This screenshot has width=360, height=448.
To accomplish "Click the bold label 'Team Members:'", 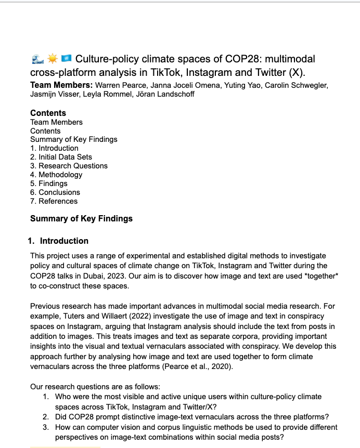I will [x=61, y=85].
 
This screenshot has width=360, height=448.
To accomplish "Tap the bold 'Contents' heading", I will [x=48, y=113].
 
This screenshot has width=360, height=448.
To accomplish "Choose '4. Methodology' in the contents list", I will [x=56, y=175].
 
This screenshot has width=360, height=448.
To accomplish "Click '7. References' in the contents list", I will [x=54, y=201].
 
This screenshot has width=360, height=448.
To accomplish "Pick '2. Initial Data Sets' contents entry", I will [x=61, y=157].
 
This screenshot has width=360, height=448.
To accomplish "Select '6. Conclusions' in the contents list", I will [x=55, y=192].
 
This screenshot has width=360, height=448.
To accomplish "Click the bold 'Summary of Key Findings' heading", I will [x=81, y=218].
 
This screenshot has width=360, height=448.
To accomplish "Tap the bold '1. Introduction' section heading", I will [x=58, y=241].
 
